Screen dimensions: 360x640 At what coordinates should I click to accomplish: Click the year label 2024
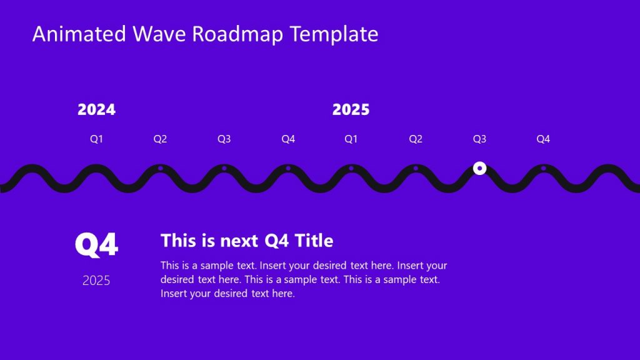(x=96, y=110)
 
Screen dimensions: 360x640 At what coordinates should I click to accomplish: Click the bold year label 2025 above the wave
(x=351, y=110)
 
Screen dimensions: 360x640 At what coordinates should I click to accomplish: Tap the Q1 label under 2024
(x=96, y=139)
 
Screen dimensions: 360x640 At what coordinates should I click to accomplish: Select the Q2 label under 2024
(x=160, y=139)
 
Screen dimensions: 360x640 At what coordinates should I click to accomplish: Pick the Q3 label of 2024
(x=224, y=139)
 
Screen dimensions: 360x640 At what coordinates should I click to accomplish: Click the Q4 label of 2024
(x=287, y=139)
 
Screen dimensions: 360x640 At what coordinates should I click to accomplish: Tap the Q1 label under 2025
(x=351, y=139)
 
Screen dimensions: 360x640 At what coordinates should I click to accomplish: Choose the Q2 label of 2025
(x=416, y=139)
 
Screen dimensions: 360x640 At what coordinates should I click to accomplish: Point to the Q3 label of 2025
(x=479, y=139)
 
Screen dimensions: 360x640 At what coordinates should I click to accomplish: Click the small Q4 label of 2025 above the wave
(x=543, y=139)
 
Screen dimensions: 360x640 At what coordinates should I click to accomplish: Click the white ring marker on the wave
(x=479, y=168)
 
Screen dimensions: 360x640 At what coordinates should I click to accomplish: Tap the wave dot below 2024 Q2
(x=160, y=168)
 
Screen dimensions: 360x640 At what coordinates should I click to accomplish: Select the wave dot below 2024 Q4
(x=287, y=168)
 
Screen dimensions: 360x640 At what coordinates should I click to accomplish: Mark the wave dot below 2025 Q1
(x=351, y=168)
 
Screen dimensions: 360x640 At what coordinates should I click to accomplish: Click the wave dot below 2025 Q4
(x=543, y=168)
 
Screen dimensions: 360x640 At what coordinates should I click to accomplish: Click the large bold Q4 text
(x=96, y=245)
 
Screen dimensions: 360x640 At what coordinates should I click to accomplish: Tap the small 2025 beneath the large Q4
(x=96, y=281)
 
